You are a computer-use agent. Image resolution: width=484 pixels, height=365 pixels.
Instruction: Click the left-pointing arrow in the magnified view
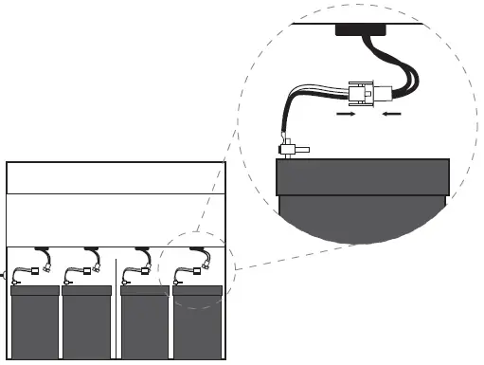tap(391, 114)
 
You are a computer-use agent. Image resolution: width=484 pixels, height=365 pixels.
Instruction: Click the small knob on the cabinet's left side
tap(4, 276)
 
